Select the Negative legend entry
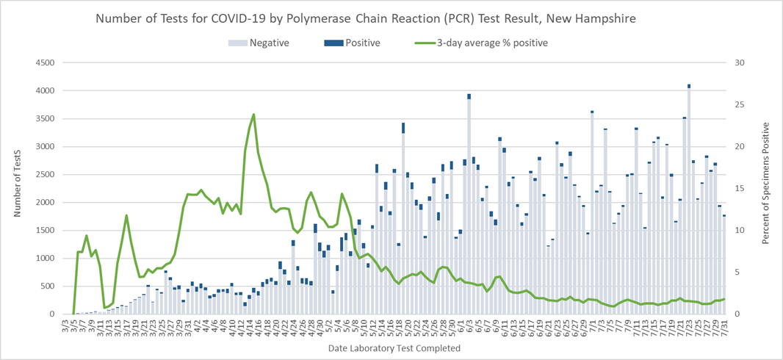(x=268, y=43)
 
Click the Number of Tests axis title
(x=17, y=188)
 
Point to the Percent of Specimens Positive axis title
(x=767, y=188)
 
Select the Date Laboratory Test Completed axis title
(x=394, y=348)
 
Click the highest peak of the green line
(x=253, y=115)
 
